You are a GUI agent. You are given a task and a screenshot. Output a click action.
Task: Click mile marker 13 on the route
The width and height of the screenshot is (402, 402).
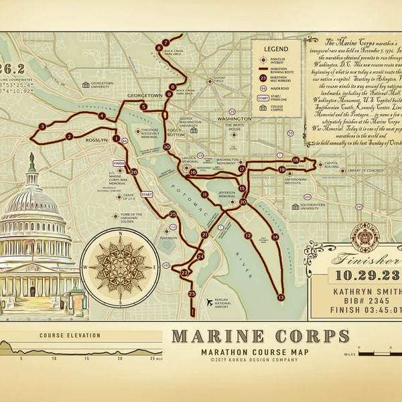tap(281, 297)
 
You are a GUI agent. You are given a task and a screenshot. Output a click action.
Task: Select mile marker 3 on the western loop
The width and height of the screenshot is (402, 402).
tap(42, 126)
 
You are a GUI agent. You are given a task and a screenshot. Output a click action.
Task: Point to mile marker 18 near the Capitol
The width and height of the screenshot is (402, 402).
tap(295, 159)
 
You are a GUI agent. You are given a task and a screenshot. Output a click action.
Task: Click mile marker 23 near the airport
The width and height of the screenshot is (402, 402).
tap(192, 293)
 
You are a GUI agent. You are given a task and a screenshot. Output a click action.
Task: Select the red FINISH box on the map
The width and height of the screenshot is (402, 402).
tap(119, 163)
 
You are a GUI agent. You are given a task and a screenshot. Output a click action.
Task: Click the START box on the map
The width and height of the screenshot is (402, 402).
tap(147, 194)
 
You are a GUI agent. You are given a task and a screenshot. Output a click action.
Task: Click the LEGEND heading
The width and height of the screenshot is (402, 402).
tap(275, 49)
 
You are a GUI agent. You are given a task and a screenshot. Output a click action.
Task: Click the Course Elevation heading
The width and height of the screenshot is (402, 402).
tap(70, 336)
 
